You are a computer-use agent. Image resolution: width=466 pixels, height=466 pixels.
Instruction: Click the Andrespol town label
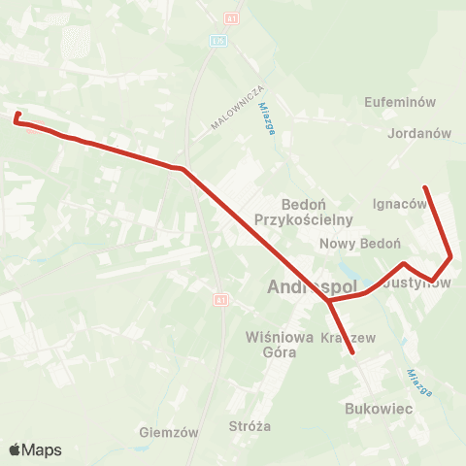point(312,288)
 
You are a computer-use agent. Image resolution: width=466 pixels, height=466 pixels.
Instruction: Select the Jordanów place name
point(419,134)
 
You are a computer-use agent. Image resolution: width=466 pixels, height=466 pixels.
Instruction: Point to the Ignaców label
point(399,204)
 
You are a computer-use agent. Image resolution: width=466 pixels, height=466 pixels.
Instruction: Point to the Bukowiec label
point(379,411)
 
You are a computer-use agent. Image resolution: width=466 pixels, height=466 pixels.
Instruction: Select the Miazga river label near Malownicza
point(266,122)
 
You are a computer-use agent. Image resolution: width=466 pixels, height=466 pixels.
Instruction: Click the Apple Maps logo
point(35,449)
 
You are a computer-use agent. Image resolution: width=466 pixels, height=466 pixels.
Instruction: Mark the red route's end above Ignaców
point(425,187)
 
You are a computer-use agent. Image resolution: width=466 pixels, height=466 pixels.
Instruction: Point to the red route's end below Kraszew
point(353,354)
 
